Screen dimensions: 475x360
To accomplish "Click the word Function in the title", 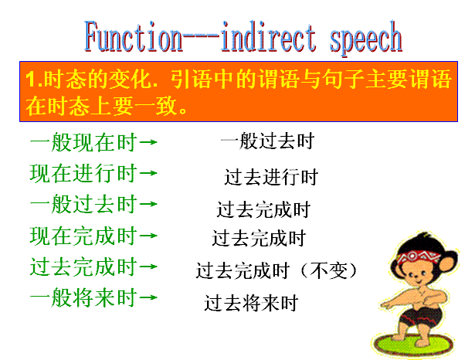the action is [134, 36].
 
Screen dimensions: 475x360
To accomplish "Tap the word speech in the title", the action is [365, 39].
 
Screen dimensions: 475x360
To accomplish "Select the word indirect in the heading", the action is [269, 36].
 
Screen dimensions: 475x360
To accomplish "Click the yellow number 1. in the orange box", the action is [34, 80].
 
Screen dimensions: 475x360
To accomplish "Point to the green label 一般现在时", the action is [83, 142].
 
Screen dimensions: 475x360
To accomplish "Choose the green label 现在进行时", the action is [83, 173].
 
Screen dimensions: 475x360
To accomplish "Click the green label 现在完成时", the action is [83, 236].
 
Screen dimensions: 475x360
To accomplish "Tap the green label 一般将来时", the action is [83, 297].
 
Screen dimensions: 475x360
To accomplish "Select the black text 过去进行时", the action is [271, 177].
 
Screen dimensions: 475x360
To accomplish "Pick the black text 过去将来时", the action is [251, 303].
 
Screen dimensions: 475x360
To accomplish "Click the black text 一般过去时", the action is [268, 141].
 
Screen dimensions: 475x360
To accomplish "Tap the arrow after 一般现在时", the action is [148, 142].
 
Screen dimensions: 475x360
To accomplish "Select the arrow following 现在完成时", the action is [148, 236].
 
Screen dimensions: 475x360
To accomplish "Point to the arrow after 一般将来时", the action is [148, 297].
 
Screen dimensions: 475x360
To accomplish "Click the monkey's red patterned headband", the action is [419, 257].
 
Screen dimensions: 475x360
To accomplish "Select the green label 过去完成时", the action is [83, 267].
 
